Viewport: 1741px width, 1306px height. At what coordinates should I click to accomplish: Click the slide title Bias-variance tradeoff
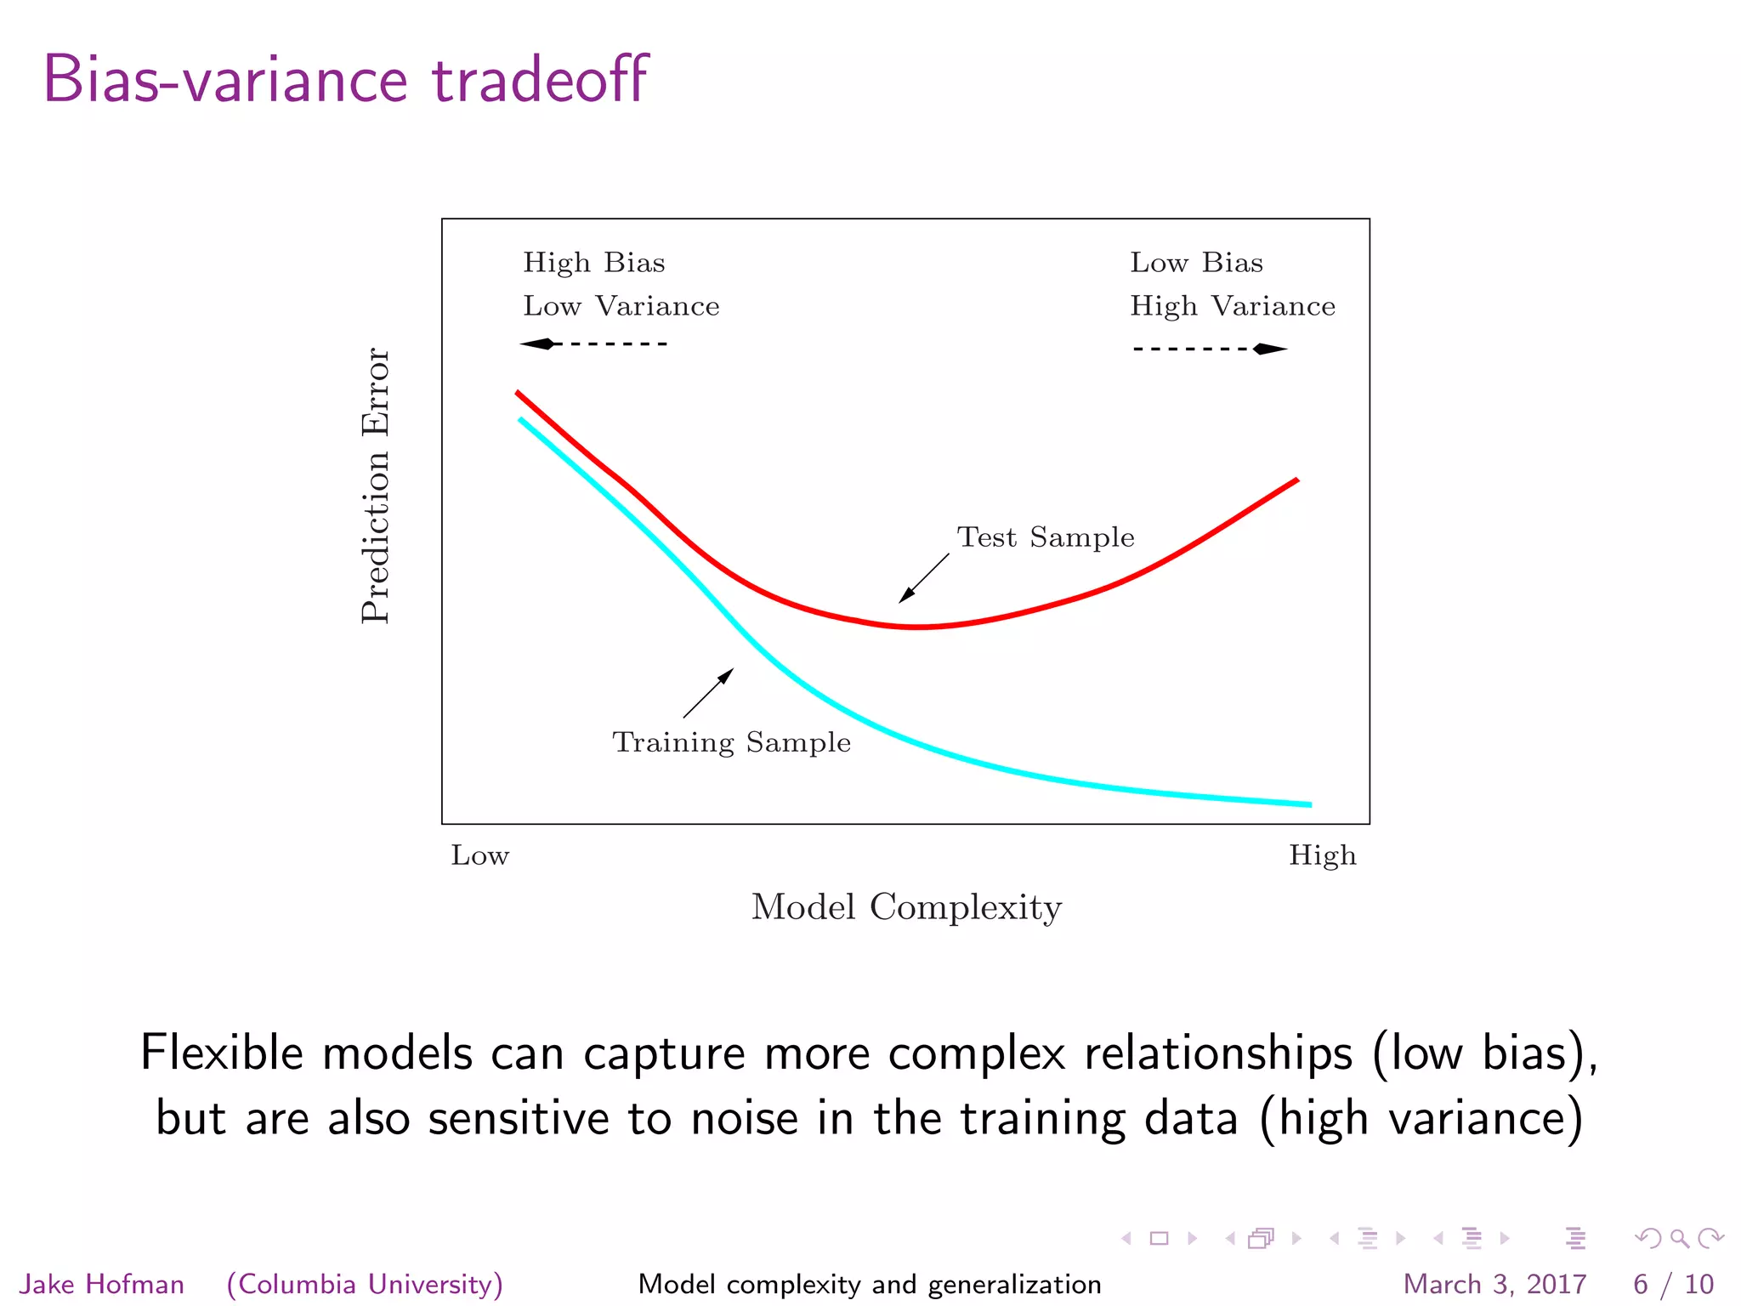click(345, 80)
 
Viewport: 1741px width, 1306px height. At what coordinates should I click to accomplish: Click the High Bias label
click(593, 263)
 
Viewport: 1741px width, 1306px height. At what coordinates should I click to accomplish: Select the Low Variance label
click(621, 306)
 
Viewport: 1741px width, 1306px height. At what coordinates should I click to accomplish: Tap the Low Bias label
click(1195, 263)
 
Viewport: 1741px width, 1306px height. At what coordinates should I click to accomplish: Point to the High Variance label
click(1232, 306)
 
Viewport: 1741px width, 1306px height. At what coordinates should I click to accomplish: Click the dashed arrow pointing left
click(593, 344)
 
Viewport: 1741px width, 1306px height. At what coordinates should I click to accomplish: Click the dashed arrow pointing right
click(1210, 349)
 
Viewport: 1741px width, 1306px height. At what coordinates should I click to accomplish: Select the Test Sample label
click(1045, 537)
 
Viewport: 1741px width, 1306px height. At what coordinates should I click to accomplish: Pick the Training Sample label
click(731, 742)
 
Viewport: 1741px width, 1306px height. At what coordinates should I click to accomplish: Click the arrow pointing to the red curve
click(924, 578)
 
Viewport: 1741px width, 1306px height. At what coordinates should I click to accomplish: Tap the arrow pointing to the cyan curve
click(708, 693)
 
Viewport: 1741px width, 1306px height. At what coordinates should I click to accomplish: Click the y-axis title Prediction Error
click(375, 485)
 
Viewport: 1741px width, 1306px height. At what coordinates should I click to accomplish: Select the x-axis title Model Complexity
click(906, 907)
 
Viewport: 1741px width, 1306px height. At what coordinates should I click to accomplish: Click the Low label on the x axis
click(479, 855)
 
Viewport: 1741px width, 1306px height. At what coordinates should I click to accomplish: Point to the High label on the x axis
click(1322, 855)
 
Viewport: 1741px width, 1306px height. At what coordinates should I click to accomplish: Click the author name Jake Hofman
click(102, 1284)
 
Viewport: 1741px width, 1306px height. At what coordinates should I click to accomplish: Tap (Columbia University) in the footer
click(365, 1284)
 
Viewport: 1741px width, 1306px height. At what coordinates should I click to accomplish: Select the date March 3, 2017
click(1494, 1284)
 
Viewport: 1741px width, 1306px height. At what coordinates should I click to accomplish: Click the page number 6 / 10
click(1673, 1284)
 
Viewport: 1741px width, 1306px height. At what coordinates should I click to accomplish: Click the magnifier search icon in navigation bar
click(1679, 1239)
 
